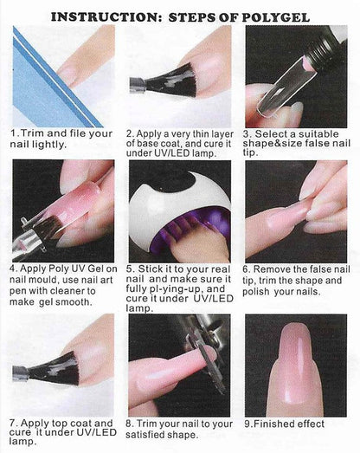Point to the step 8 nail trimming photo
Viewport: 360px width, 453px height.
pyautogui.click(x=179, y=364)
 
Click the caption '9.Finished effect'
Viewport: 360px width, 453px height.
pyautogui.click(x=285, y=424)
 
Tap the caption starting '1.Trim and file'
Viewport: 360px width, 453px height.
pyautogui.click(x=61, y=139)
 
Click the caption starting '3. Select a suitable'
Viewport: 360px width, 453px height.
pyautogui.click(x=296, y=139)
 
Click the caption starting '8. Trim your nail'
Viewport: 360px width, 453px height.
pyautogui.click(x=179, y=429)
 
